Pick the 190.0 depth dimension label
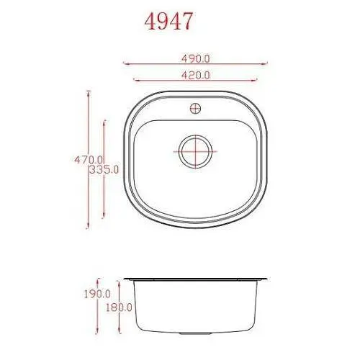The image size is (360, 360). coord(97,294)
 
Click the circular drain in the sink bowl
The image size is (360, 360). coord(194,152)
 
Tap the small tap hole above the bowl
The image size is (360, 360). coord(194,109)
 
